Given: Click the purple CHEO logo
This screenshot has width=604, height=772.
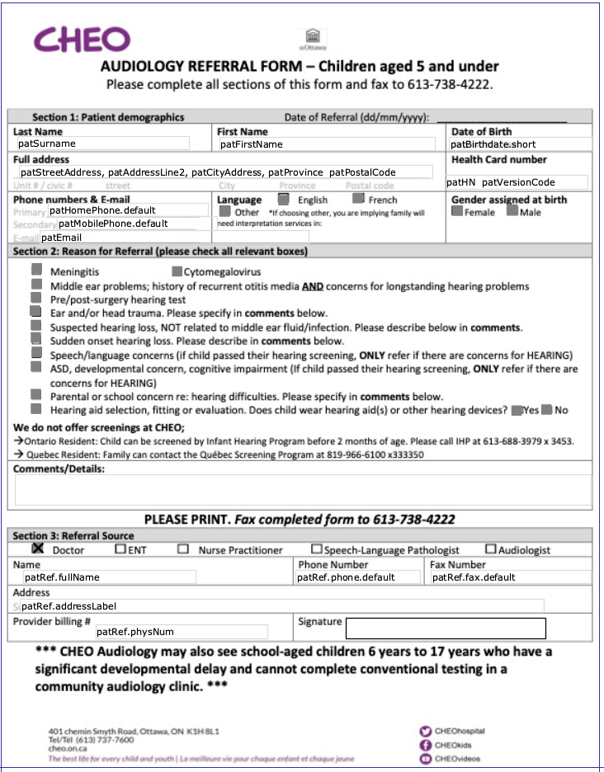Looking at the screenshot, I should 82,40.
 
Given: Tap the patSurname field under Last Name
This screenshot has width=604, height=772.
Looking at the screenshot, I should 101,144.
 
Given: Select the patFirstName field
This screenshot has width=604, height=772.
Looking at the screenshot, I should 325,144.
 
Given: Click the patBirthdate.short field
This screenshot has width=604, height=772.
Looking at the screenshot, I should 520,144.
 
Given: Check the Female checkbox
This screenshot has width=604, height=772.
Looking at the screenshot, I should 457,211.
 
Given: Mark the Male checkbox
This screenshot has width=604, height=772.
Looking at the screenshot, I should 512,211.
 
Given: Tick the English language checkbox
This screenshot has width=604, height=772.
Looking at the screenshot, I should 283,199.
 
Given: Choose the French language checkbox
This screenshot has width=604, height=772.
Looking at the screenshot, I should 358,199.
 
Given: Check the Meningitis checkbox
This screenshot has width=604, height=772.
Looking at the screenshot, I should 36,270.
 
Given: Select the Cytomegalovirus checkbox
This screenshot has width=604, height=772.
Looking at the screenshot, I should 177,271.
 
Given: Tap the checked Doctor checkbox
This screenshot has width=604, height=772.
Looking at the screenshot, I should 37,548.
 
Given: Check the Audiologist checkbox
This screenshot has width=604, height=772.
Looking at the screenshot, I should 491,548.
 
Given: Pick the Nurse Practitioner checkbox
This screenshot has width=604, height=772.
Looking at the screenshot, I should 183,548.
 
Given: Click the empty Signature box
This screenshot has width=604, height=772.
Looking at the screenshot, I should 446,628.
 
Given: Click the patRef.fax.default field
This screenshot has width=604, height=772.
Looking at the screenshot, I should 510,577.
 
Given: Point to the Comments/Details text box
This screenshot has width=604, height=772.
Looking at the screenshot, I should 302,490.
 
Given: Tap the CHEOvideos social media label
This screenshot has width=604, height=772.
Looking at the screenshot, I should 459,759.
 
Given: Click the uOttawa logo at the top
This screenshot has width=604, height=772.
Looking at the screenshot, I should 313,39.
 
